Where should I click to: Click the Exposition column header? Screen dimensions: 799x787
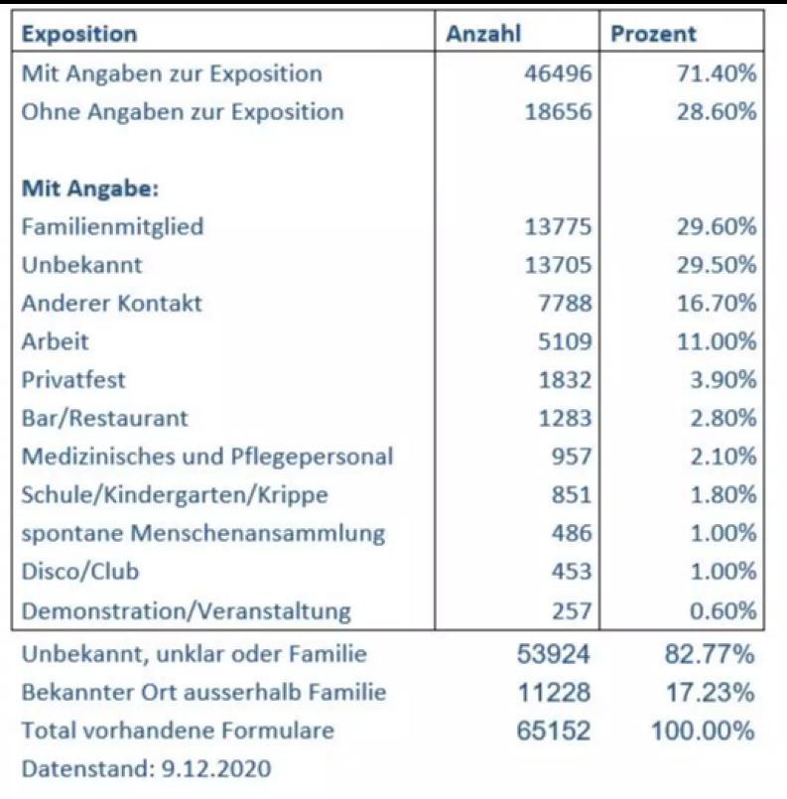pyautogui.click(x=79, y=34)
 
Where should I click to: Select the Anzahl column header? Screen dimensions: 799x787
pyautogui.click(x=483, y=34)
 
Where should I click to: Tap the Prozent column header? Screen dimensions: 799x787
pyautogui.click(x=653, y=34)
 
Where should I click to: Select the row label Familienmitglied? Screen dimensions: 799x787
pyautogui.click(x=112, y=226)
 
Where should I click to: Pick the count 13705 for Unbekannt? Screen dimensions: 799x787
pyautogui.click(x=559, y=265)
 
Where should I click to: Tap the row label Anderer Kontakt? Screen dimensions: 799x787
pyautogui.click(x=111, y=303)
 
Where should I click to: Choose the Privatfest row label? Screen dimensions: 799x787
pyautogui.click(x=73, y=380)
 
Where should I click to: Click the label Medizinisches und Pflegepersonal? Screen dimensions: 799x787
pyautogui.click(x=207, y=457)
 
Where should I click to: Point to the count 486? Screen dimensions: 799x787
pyautogui.click(x=572, y=533)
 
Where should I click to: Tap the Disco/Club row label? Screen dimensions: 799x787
pyautogui.click(x=80, y=572)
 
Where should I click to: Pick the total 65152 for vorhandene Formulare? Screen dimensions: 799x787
pyautogui.click(x=554, y=731)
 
